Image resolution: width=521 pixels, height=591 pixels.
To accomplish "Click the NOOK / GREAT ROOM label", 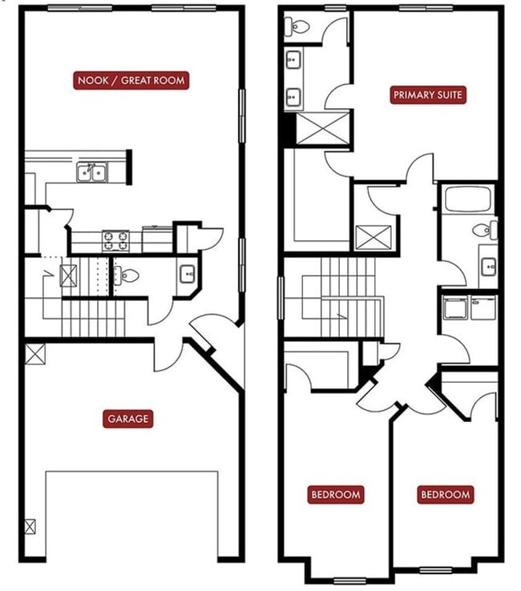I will coord(131,80).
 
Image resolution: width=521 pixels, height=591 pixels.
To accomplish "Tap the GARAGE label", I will coord(128,419).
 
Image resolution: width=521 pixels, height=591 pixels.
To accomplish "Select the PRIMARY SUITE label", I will coord(429,95).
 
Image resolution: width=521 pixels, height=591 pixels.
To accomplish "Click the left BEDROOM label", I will coord(336,494).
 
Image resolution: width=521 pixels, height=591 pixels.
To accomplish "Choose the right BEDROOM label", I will coord(446,495).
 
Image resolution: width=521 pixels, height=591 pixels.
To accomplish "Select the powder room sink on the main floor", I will coord(186,275).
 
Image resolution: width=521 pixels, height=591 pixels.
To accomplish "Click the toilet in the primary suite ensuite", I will coord(298,26).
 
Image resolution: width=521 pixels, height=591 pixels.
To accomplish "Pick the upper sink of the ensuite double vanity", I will coord(293,59).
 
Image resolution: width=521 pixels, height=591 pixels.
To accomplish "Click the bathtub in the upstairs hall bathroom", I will coord(467,199).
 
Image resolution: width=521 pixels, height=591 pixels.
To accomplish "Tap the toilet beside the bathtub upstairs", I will coord(483,231).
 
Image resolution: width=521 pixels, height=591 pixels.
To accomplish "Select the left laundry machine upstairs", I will coord(455,307).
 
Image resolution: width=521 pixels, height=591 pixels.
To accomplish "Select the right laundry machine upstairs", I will coord(483,307).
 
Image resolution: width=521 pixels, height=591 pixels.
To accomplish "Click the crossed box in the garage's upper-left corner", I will coord(34,353).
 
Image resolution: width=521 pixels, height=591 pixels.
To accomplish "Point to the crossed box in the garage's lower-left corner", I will coord(30,526).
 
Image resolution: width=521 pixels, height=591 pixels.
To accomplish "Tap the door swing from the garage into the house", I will coord(169,355).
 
